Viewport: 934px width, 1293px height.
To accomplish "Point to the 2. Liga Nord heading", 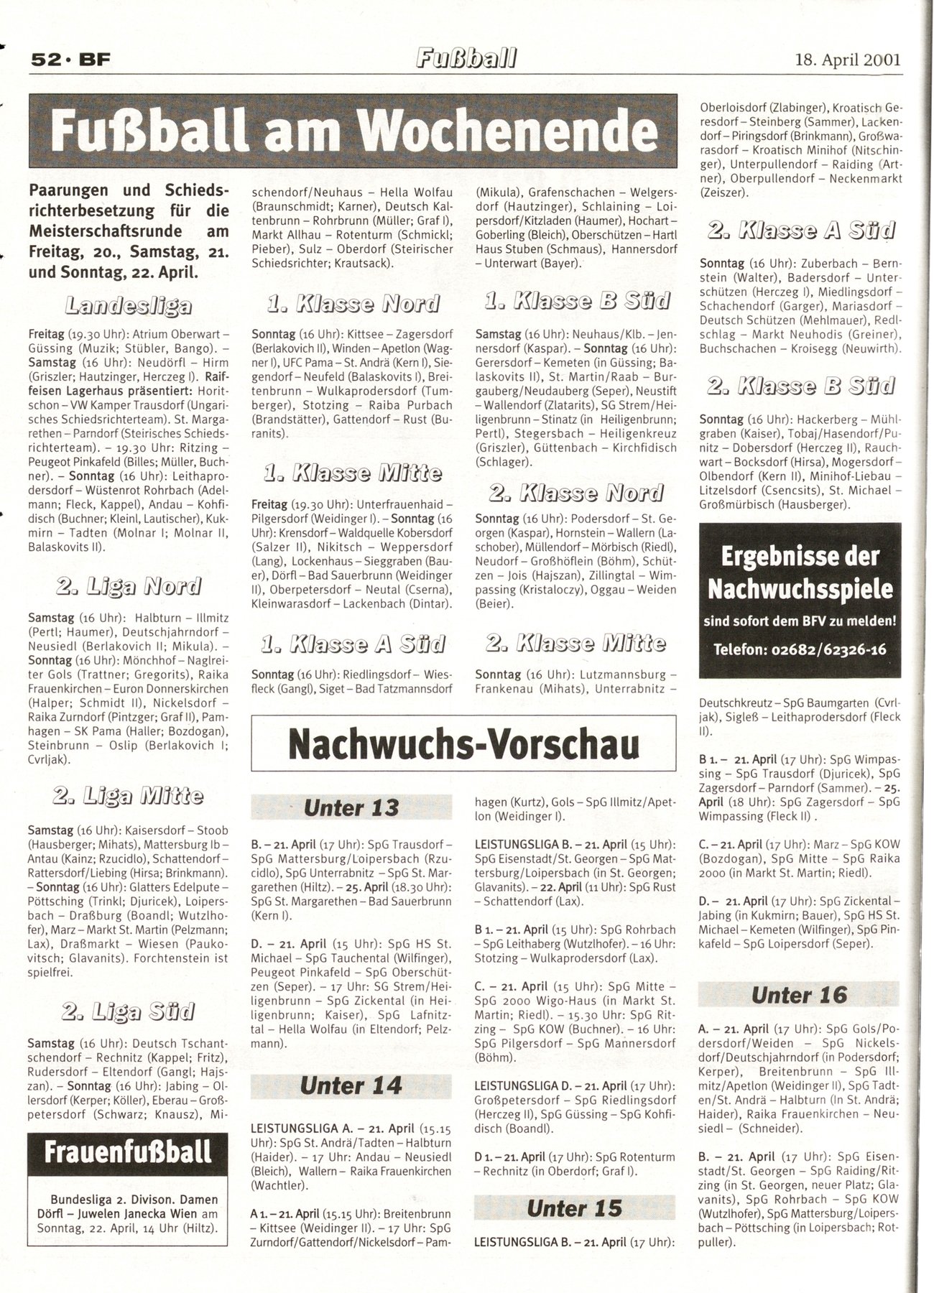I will [x=129, y=586].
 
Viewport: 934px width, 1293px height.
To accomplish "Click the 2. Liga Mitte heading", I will [x=129, y=795].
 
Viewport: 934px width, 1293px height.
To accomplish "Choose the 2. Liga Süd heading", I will [x=129, y=1011].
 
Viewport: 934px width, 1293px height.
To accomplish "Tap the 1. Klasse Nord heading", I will [x=352, y=303].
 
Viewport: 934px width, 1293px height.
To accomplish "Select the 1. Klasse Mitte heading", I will [x=352, y=473].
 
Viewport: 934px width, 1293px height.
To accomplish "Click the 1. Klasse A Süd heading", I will [x=352, y=644].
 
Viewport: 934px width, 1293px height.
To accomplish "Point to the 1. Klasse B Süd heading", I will [x=575, y=301].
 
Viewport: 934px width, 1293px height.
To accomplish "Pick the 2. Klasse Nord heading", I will [x=575, y=492].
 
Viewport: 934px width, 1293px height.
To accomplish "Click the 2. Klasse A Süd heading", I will [x=800, y=231].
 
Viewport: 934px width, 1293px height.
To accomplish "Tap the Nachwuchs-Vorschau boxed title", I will [x=463, y=745].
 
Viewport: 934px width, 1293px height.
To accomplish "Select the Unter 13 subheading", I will [x=351, y=807].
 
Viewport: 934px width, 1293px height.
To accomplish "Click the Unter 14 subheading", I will [x=351, y=1085].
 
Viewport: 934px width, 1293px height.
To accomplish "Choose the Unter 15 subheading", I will [x=575, y=1208].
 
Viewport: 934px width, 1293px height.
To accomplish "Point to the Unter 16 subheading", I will [x=799, y=995].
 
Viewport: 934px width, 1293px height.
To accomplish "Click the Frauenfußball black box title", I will [x=128, y=1151].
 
